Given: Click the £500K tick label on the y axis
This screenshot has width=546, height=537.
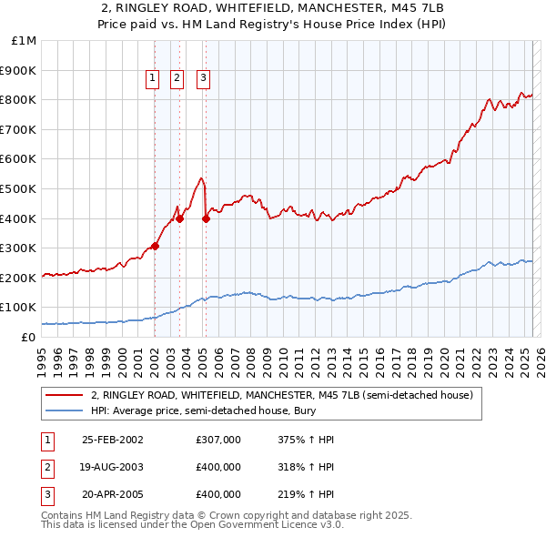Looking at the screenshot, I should point(19,188).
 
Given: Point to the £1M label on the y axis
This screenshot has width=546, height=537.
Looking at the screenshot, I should point(25,41).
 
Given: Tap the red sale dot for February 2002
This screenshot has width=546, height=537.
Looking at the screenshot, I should point(155,246).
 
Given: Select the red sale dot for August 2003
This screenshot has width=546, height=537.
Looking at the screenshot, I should point(179,218).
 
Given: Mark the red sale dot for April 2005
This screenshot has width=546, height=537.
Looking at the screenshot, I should point(206,218).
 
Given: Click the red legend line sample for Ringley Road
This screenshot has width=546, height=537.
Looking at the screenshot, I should point(64,396).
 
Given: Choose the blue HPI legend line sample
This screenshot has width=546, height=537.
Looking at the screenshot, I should point(64,410).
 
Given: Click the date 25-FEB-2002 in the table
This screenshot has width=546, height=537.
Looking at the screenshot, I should point(113,440).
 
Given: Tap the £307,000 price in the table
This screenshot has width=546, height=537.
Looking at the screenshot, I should point(218,440).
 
